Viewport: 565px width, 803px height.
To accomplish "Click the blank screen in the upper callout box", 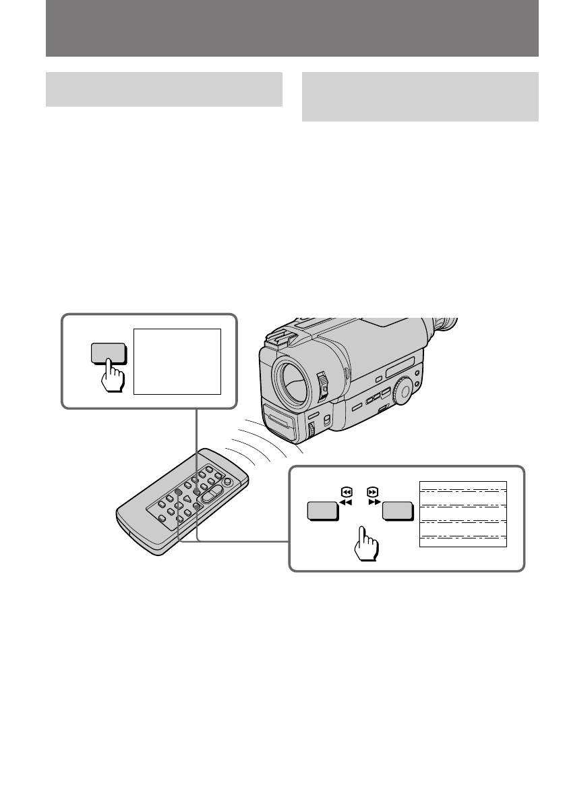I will pyautogui.click(x=177, y=361).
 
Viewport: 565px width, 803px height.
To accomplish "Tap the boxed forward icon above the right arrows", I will pyautogui.click(x=373, y=492).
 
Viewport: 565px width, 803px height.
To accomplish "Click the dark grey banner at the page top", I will pyautogui.click(x=292, y=29).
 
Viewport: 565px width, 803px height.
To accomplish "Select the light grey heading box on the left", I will pyautogui.click(x=164, y=89).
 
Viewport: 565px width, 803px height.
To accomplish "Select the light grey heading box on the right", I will pyautogui.click(x=420, y=96).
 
